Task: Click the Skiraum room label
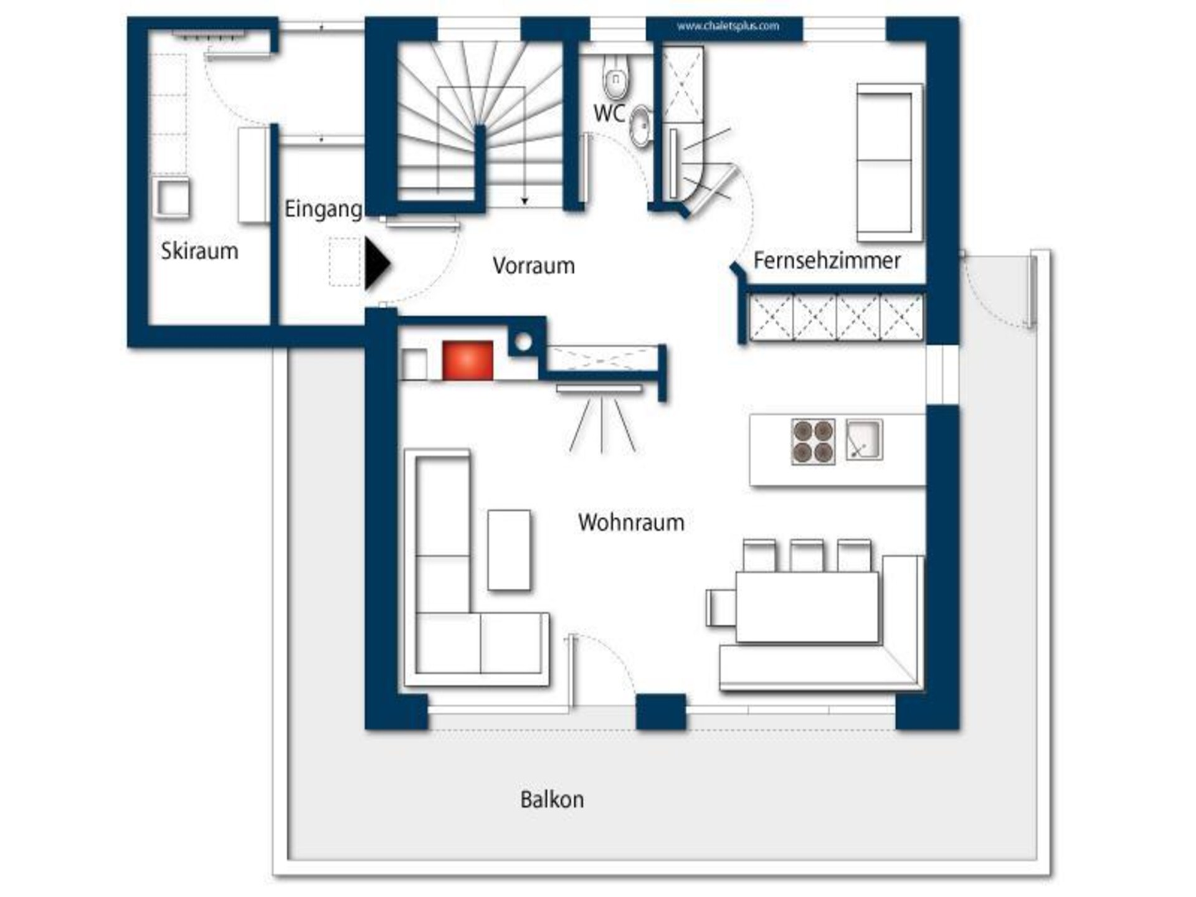(199, 251)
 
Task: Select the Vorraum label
(533, 265)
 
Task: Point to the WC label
(609, 113)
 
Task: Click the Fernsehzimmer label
(827, 260)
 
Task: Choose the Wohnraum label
(631, 522)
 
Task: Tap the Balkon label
(552, 799)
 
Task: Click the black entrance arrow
(377, 264)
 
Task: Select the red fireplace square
(467, 360)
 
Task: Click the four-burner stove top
(813, 442)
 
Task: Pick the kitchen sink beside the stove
(864, 440)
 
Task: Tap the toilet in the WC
(616, 77)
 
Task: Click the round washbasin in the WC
(640, 126)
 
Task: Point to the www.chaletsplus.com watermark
(728, 26)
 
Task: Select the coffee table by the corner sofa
(509, 550)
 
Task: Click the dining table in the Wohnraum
(807, 607)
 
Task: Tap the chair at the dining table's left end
(721, 607)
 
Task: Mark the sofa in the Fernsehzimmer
(889, 162)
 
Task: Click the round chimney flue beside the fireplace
(524, 342)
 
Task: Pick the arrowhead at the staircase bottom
(524, 201)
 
